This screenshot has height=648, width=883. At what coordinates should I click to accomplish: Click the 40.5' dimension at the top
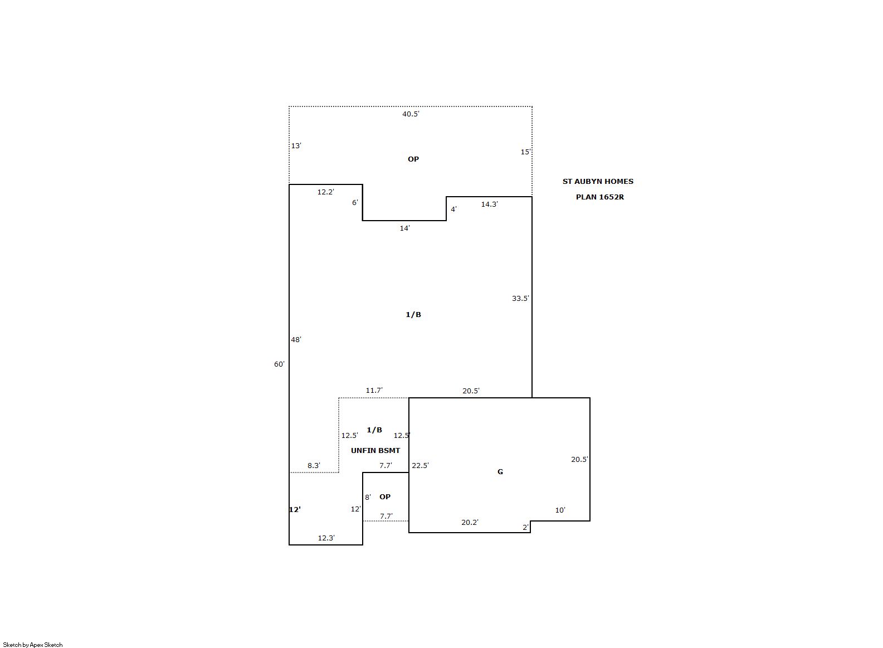pos(411,114)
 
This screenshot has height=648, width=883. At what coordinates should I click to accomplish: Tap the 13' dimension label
pos(296,145)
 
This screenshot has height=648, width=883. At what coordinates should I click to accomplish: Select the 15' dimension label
pos(525,152)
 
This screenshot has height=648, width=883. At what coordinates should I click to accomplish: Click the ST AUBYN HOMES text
pos(598,181)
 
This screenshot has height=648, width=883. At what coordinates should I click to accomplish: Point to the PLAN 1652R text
pos(600,197)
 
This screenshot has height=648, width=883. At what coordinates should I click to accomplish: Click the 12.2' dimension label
pos(325,192)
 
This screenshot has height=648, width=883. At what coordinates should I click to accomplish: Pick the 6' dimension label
pos(355,202)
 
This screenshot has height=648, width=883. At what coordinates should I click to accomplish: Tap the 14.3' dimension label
pos(489,204)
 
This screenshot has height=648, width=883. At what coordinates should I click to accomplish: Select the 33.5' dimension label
pos(520,299)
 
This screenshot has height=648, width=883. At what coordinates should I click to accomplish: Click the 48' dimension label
pos(296,339)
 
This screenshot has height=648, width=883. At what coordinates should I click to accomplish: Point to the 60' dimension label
pos(279,364)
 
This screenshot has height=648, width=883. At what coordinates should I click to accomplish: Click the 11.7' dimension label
pos(374,390)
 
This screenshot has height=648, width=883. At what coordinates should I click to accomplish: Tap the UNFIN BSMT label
pos(375,451)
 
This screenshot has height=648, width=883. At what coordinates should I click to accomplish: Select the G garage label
pos(500,472)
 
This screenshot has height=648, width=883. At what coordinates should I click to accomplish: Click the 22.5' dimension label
pos(420,465)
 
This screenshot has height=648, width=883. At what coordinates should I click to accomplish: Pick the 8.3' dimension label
pos(314,465)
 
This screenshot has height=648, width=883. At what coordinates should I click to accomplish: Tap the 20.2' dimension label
pos(470,522)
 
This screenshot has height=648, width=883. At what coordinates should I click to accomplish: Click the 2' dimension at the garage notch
pos(525,528)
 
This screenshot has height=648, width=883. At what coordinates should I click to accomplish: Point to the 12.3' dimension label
pos(326,538)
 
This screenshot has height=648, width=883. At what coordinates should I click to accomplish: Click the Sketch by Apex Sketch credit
pos(33,645)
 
